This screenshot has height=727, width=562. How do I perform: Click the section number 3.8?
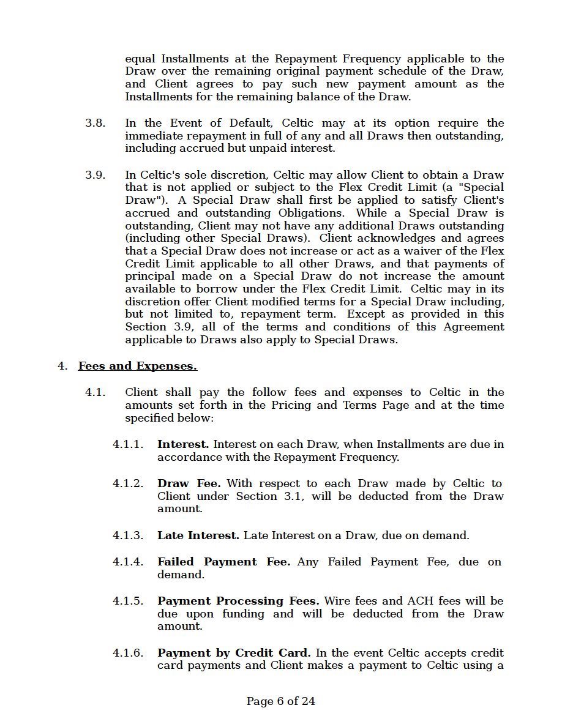click(x=95, y=123)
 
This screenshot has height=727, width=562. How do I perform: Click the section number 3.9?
click(x=95, y=175)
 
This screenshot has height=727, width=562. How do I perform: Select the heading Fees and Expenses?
click(x=138, y=366)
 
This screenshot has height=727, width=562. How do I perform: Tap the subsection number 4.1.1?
click(x=128, y=444)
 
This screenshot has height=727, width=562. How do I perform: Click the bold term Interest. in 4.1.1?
click(x=183, y=444)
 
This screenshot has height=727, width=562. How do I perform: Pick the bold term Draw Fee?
click(x=189, y=483)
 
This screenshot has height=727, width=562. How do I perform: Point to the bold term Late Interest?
click(x=198, y=535)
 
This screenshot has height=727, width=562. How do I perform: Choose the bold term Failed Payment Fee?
click(x=223, y=562)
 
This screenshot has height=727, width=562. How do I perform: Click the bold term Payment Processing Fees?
click(x=238, y=601)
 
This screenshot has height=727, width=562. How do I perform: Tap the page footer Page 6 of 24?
click(x=281, y=701)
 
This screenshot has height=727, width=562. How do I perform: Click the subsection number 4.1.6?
click(x=128, y=653)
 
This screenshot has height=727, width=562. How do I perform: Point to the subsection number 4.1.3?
click(x=128, y=535)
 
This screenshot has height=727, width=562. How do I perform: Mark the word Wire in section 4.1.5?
click(x=337, y=601)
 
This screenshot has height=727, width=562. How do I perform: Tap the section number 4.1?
click(x=95, y=392)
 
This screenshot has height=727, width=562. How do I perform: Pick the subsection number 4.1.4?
click(x=128, y=562)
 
